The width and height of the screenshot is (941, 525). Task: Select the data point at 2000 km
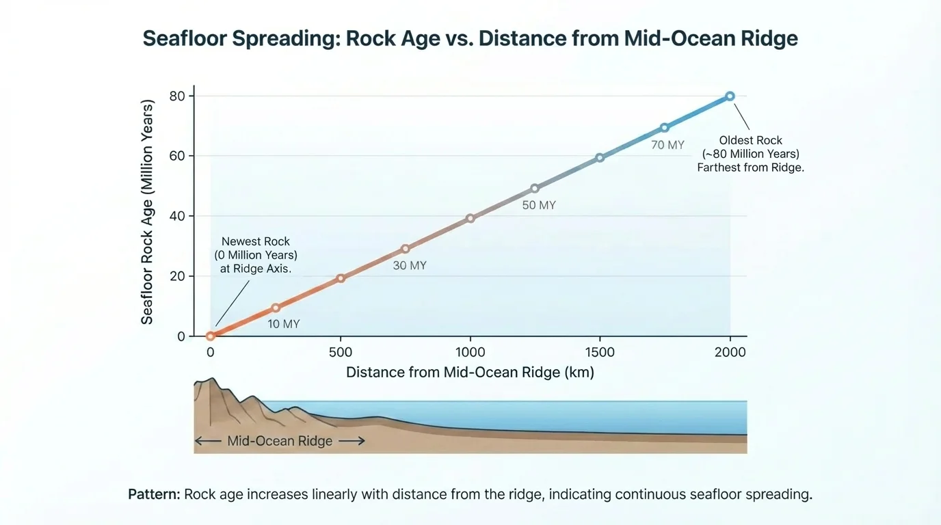pos(730,96)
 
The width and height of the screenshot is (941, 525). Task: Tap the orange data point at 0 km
pos(211,336)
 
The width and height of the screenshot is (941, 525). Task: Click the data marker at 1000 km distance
pos(470,219)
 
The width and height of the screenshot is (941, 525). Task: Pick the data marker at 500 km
pos(341,278)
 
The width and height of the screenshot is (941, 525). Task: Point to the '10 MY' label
pos(283,324)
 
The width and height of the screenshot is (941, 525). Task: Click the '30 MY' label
pos(410,265)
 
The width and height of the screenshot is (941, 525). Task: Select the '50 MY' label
pos(539,205)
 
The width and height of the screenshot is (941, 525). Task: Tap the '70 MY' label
pos(667,145)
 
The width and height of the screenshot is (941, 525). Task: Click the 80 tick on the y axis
pos(177,96)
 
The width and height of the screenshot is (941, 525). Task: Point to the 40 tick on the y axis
pos(177,216)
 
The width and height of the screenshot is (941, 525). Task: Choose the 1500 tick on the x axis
pos(600,353)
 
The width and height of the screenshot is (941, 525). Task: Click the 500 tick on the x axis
pos(341,353)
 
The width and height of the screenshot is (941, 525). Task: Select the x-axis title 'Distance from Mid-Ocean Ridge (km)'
pos(470,373)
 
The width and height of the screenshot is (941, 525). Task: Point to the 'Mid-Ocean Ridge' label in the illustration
pos(280,441)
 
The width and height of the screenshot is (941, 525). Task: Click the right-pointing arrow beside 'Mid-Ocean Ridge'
pos(352,441)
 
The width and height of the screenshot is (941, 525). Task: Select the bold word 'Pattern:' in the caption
pos(154,494)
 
